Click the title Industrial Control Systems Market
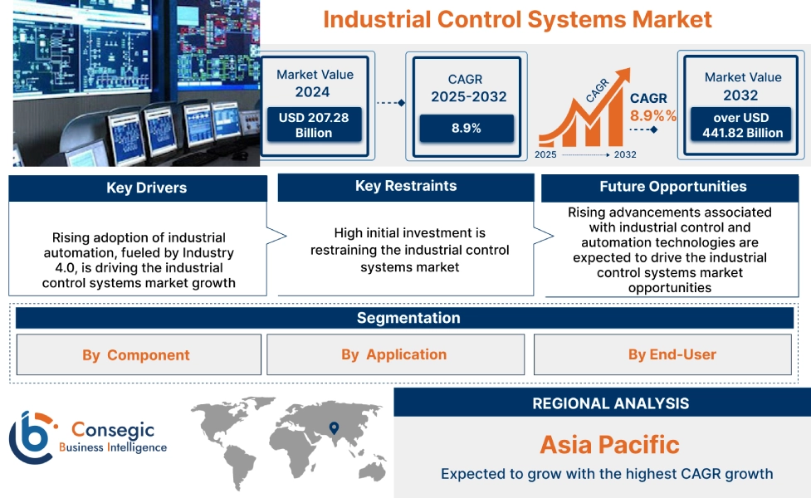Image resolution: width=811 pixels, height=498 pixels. (517, 19)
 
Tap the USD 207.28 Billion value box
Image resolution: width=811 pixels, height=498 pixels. (314, 125)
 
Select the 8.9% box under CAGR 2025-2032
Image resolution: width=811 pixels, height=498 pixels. (466, 128)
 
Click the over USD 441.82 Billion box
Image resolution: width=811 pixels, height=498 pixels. (740, 125)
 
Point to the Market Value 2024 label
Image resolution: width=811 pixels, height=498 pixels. (315, 83)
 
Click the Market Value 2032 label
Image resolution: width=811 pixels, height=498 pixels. (742, 85)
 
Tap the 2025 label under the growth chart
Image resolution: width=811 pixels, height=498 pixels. (546, 154)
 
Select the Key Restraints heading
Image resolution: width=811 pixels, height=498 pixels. (405, 186)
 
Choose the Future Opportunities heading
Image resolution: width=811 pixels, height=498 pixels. (672, 187)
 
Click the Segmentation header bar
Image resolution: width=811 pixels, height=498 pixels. (408, 318)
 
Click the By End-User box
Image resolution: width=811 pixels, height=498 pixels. (672, 354)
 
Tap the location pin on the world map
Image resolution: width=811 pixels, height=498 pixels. (334, 428)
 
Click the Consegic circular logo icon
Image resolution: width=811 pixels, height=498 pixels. (30, 437)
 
